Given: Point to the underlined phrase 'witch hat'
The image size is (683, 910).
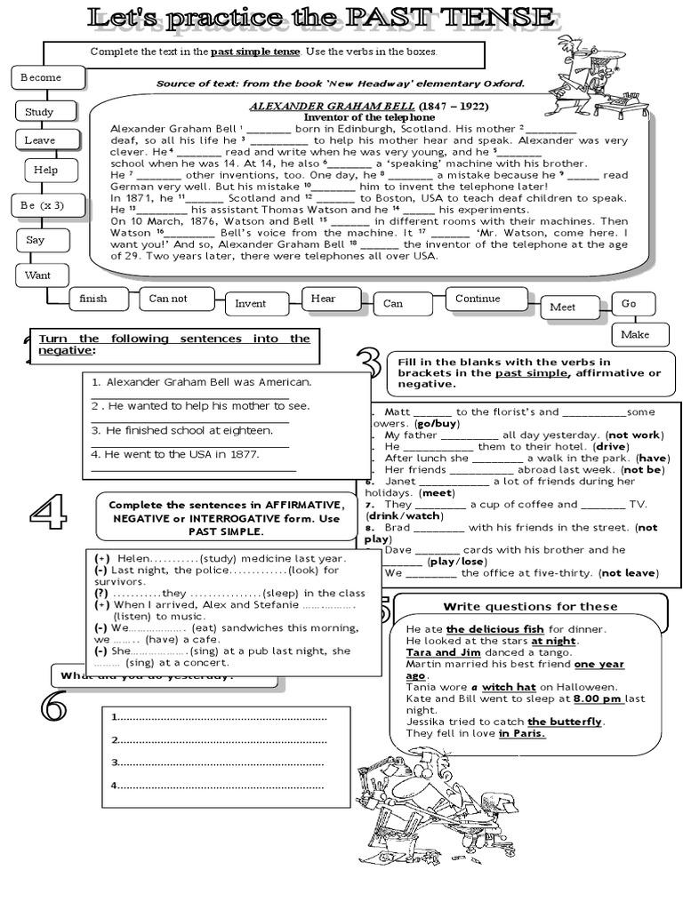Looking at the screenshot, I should pos(510,687).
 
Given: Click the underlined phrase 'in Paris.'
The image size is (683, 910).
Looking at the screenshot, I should pos(522,733).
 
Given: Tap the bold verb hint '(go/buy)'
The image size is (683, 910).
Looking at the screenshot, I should pos(437,424).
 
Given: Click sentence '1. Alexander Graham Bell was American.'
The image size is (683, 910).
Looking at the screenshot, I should pos(201,382).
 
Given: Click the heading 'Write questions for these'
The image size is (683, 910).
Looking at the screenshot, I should pos(530,607).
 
